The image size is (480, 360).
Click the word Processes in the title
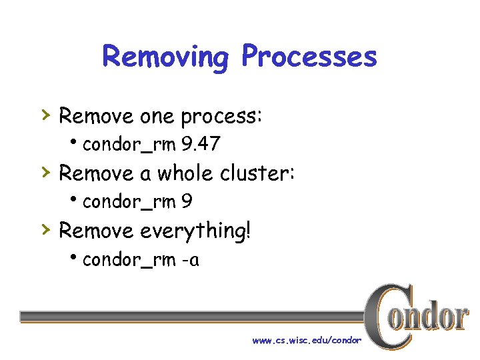click(309, 57)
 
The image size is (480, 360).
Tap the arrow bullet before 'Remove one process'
click(45, 115)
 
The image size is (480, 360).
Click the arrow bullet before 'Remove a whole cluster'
click(45, 173)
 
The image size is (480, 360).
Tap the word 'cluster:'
click(257, 173)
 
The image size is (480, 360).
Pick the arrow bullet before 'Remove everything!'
click(45, 230)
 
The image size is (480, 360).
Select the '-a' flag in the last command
click(189, 260)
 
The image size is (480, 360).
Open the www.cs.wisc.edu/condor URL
click(306, 341)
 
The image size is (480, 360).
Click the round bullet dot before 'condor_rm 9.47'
click(75, 143)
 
